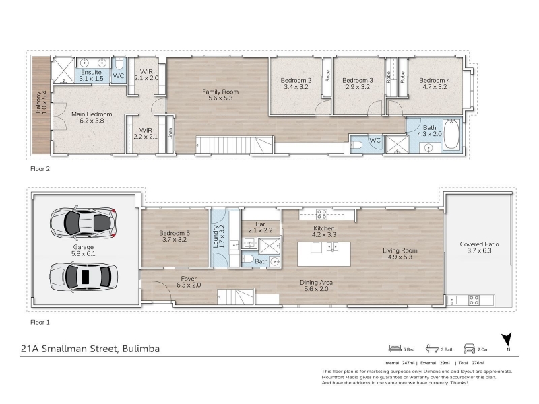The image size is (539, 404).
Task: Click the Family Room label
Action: pos(220,92)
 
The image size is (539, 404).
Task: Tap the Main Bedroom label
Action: pos(92,114)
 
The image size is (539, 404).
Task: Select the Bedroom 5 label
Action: pos(175,233)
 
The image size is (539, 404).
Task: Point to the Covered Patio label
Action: pos(479,244)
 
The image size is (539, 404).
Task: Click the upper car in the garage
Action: pos(84,223)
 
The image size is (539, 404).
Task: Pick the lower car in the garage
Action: pos(84,277)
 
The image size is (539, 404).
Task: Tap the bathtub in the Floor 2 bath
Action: pos(451,134)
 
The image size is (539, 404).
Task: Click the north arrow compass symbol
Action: pos(507,340)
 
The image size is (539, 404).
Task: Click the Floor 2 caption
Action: pos(40,169)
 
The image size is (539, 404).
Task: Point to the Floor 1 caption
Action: pos(40,323)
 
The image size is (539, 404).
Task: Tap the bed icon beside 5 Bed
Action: pos(395,348)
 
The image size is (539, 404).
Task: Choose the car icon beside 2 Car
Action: pos(469,348)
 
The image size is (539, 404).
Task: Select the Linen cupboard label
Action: pos(170,133)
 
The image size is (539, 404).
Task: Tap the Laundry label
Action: pos(216,236)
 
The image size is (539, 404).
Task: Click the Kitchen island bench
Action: pos(324,254)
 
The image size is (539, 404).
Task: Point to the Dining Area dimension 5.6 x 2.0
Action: pos(316,289)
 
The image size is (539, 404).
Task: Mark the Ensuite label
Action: pos(91,73)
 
